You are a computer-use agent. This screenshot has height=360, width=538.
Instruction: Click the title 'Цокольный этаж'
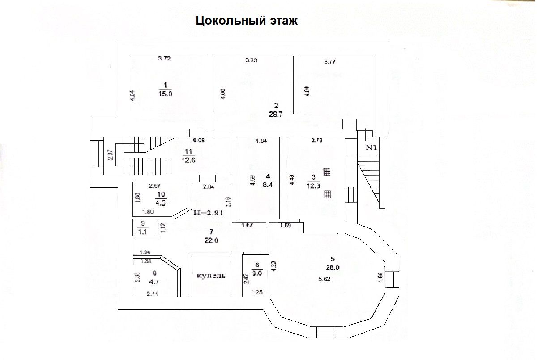click(247, 21)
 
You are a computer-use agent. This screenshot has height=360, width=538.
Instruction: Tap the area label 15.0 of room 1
click(165, 94)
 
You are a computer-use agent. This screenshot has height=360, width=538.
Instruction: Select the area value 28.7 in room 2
click(276, 114)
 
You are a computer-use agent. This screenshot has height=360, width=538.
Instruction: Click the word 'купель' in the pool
click(211, 275)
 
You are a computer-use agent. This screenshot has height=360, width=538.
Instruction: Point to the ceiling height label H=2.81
click(208, 213)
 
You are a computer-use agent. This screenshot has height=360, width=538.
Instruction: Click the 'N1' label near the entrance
click(372, 147)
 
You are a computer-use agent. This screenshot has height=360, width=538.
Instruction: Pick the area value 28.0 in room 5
click(332, 268)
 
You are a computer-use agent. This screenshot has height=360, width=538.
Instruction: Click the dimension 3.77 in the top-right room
click(330, 62)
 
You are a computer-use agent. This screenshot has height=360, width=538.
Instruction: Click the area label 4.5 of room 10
click(161, 202)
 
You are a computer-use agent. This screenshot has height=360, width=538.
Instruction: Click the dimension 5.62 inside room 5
click(325, 279)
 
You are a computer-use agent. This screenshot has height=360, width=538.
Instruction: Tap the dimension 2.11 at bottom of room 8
click(153, 294)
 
